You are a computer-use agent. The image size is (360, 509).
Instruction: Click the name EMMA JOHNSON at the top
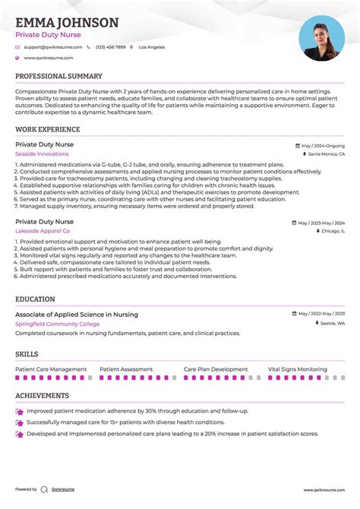click(x=67, y=23)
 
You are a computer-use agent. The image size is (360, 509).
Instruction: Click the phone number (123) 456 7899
click(x=110, y=47)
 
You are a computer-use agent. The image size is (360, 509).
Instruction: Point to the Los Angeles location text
click(x=151, y=47)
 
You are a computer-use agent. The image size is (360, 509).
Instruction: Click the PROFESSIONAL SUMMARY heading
click(x=58, y=77)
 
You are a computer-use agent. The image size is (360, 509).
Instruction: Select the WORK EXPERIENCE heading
click(x=48, y=130)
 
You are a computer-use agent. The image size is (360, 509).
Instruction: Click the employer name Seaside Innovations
click(x=42, y=153)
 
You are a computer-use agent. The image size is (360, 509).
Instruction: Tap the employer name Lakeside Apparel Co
click(x=43, y=230)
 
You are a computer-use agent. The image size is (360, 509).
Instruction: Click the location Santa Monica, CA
click(x=327, y=153)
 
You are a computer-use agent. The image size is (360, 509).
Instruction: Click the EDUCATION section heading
click(x=35, y=299)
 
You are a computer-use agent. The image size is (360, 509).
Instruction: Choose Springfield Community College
click(x=57, y=323)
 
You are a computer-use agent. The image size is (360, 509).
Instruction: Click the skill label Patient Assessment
click(x=126, y=369)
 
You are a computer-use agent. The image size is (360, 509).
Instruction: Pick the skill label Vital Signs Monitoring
click(x=297, y=369)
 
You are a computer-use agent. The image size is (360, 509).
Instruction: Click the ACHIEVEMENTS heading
click(x=42, y=396)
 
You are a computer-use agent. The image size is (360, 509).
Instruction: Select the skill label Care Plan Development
click(x=216, y=369)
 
